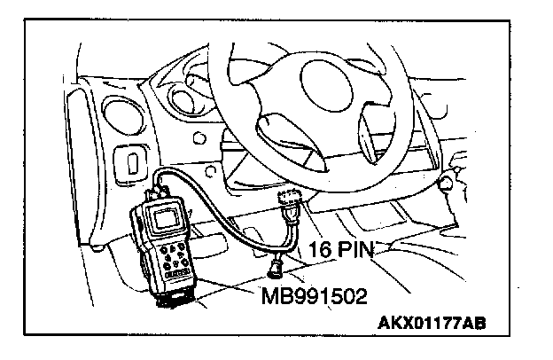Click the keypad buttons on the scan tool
pos(172,259)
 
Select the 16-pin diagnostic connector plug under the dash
pos(292,206)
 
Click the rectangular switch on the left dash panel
pos(131,161)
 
